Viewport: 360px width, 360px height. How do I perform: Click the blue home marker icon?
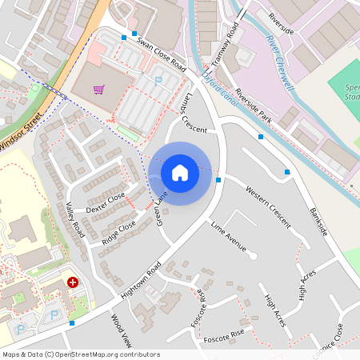pyautogui.click(x=180, y=173)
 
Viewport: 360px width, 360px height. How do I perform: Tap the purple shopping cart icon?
pyautogui.click(x=98, y=90)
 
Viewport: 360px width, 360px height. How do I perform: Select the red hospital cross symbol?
pyautogui.click(x=73, y=282)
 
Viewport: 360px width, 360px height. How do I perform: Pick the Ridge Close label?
pyautogui.click(x=119, y=230)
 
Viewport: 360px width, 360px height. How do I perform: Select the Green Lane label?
pyautogui.click(x=162, y=208)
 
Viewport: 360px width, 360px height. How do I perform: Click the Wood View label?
pyautogui.click(x=120, y=330)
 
